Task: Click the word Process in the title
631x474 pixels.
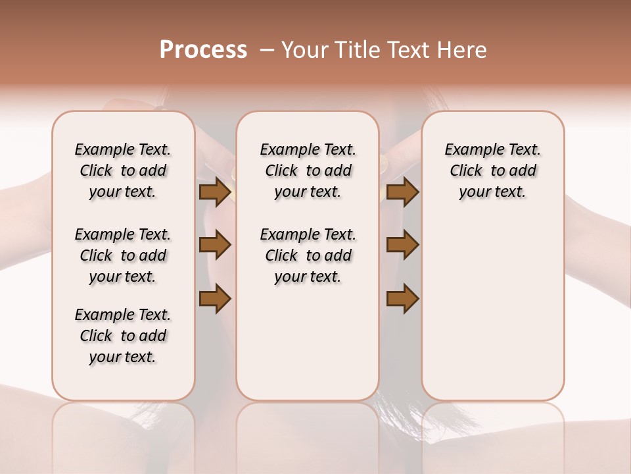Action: pos(203,50)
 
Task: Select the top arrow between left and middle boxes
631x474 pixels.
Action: pos(215,192)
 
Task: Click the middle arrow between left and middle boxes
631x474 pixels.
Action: pos(215,245)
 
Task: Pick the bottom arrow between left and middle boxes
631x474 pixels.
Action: pos(215,299)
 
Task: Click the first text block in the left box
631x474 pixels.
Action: pos(123,171)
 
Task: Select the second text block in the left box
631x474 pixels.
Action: pos(123,255)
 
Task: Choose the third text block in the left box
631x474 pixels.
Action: pos(123,336)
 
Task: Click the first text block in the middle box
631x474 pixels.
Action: pos(308,171)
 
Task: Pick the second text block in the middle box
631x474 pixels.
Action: pos(308,255)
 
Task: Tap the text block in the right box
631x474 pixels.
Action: pos(492,171)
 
